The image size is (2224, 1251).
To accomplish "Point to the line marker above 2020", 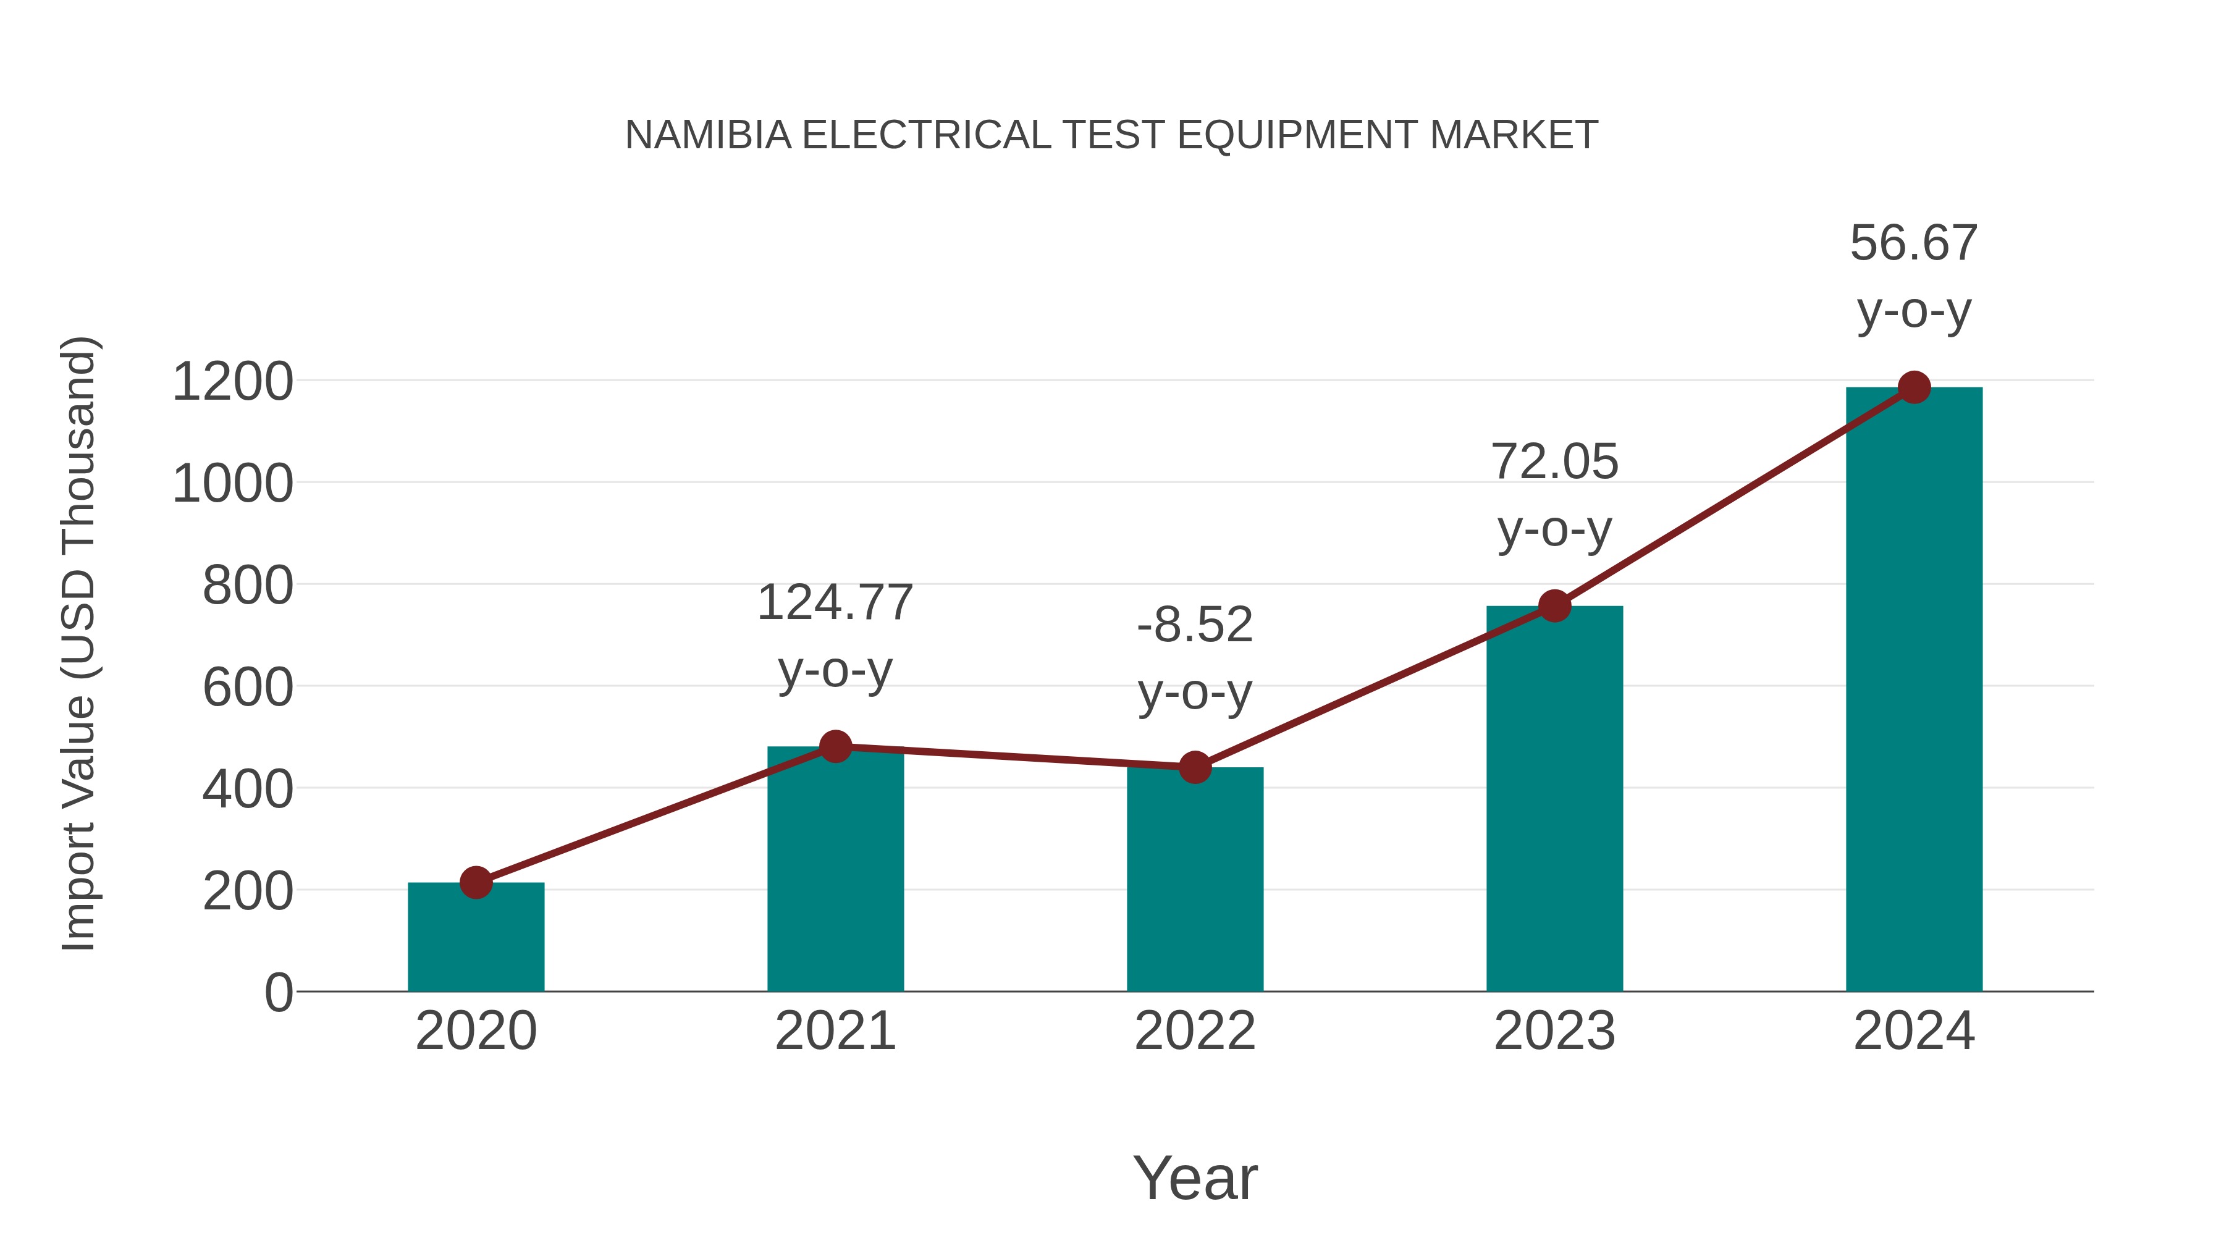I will click(x=476, y=882).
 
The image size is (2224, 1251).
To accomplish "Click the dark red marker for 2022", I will click(x=1195, y=767).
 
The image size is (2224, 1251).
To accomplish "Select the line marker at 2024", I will click(x=1914, y=387).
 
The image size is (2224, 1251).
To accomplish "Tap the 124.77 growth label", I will click(x=835, y=602).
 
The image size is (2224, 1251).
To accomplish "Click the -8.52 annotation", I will click(x=1195, y=625).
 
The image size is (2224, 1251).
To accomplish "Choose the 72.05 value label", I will click(x=1554, y=462).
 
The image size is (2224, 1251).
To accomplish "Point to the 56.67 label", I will click(x=1914, y=243).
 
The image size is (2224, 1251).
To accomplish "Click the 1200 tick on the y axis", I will click(x=233, y=382).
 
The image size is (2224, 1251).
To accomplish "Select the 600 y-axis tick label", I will click(x=248, y=688).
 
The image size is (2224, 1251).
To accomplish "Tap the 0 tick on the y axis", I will click(x=279, y=993).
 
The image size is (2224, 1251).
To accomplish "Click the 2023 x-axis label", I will click(x=1554, y=1031).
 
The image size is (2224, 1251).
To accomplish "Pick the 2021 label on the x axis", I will click(x=835, y=1031).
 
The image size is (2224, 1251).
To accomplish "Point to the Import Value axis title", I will click(x=80, y=643).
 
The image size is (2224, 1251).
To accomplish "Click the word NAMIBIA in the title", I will click(x=708, y=135).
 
